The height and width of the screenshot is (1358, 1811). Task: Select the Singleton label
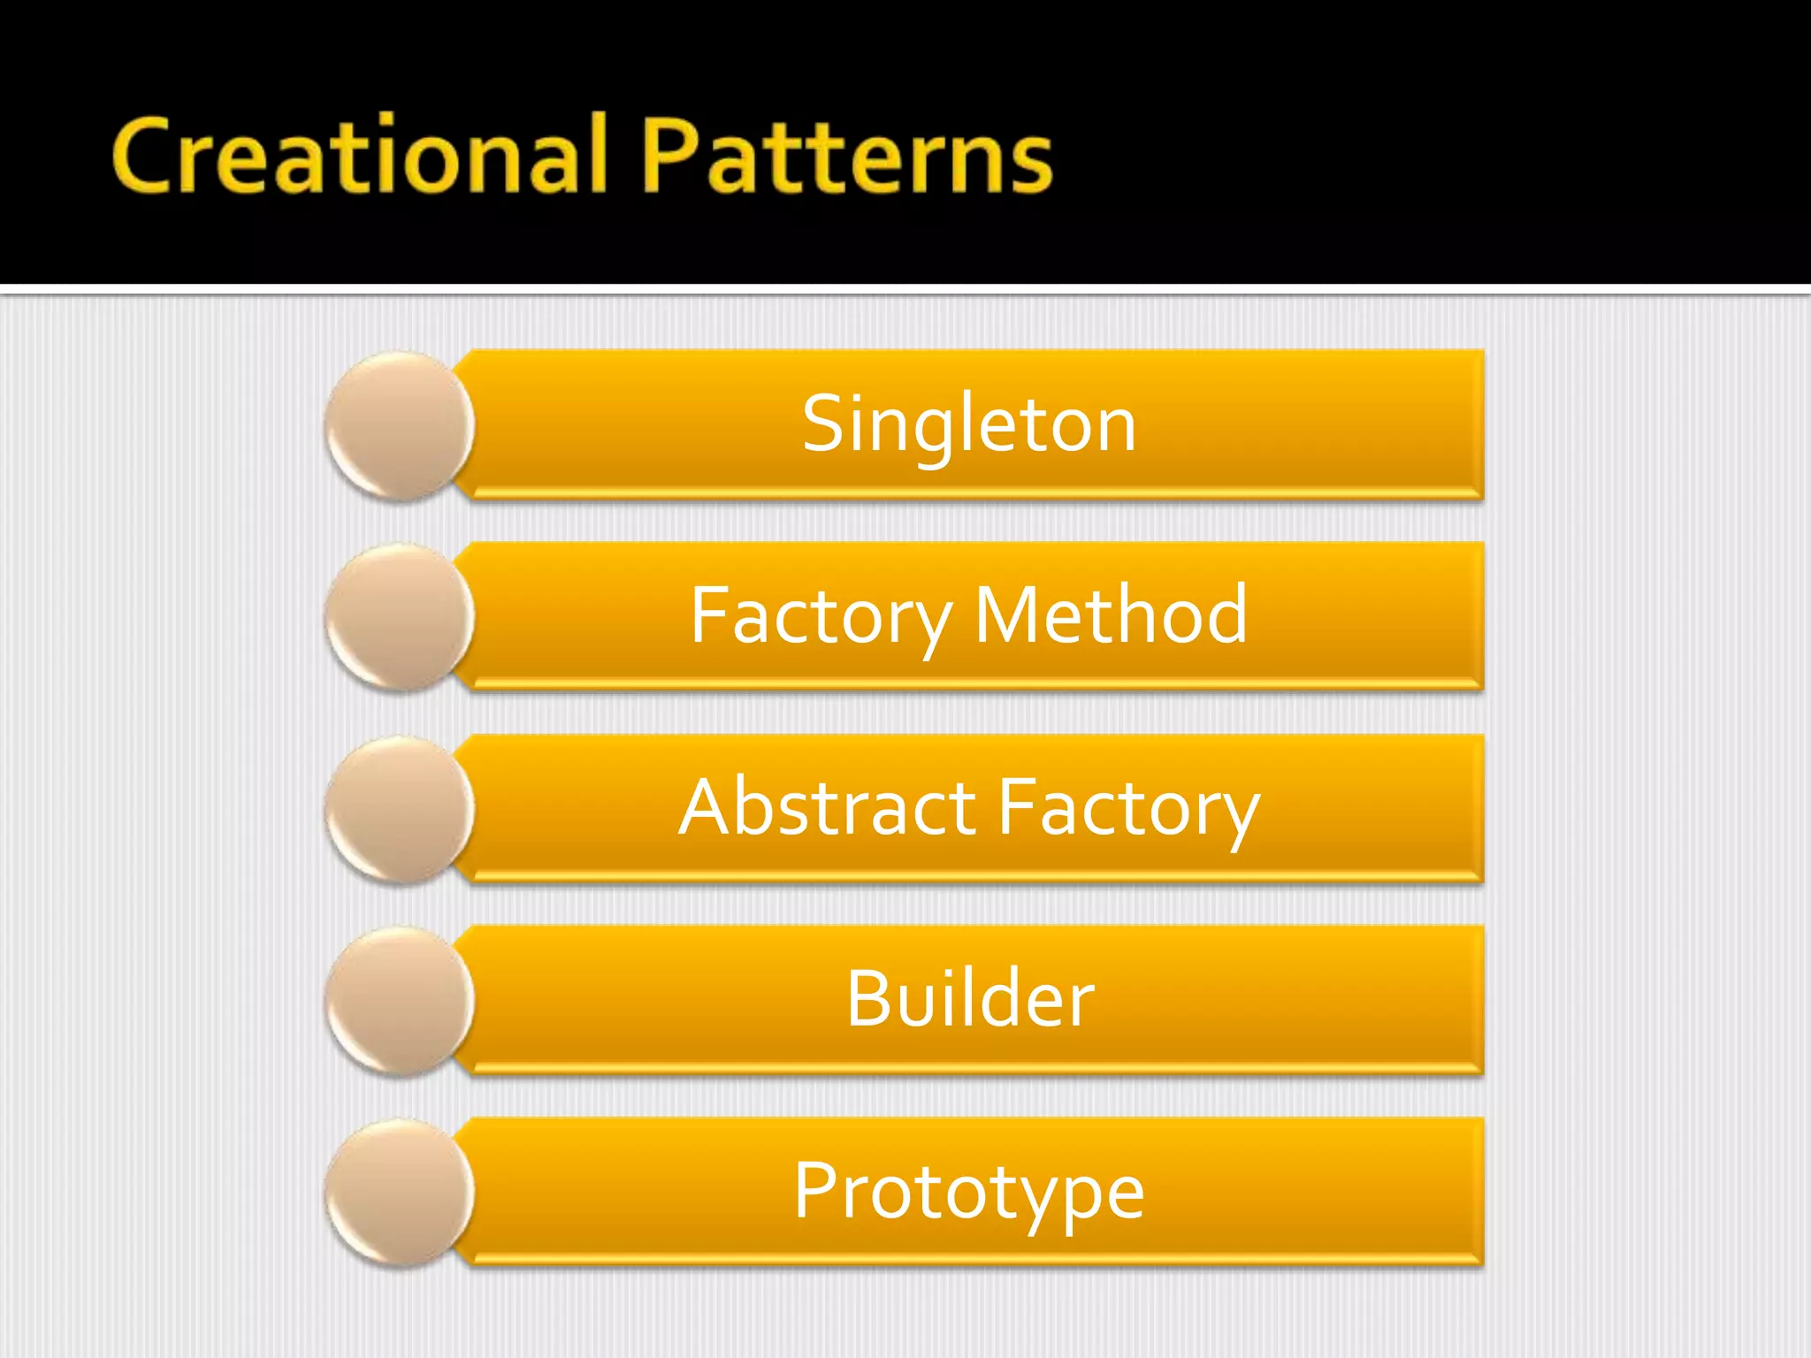pyautogui.click(x=969, y=424)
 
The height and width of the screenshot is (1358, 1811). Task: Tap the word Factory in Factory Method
pyautogui.click(x=821, y=617)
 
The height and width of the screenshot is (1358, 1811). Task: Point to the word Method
pyautogui.click(x=1111, y=615)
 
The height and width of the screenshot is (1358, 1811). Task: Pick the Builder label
pyautogui.click(x=970, y=999)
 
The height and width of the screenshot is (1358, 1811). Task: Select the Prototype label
pyautogui.click(x=969, y=1192)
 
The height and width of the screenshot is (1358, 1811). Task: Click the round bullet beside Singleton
pyautogui.click(x=400, y=425)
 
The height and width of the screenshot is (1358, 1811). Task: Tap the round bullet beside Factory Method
pyautogui.click(x=400, y=617)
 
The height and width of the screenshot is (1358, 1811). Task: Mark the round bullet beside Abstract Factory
pyautogui.click(x=400, y=809)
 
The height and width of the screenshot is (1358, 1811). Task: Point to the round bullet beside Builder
pyautogui.click(x=400, y=1001)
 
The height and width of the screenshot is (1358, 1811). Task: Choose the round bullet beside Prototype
pyautogui.click(x=400, y=1193)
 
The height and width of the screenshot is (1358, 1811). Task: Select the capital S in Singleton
pyautogui.click(x=824, y=424)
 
